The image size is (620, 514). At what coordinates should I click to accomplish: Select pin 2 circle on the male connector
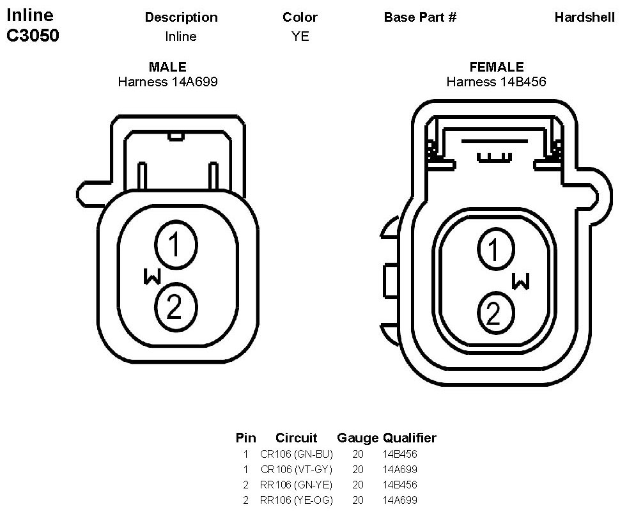pos(176,307)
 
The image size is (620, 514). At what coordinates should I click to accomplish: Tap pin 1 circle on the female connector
pos(496,249)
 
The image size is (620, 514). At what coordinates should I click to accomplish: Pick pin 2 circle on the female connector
pos(496,313)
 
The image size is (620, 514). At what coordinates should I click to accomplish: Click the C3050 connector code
pos(33,35)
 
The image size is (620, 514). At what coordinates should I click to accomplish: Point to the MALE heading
pos(167,67)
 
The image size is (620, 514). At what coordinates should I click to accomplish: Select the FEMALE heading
pos(497,67)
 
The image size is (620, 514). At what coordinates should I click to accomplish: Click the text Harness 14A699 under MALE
pos(167,82)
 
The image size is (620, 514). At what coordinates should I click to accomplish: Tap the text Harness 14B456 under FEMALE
pos(496,82)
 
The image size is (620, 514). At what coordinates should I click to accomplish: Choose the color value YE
pos(300,36)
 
